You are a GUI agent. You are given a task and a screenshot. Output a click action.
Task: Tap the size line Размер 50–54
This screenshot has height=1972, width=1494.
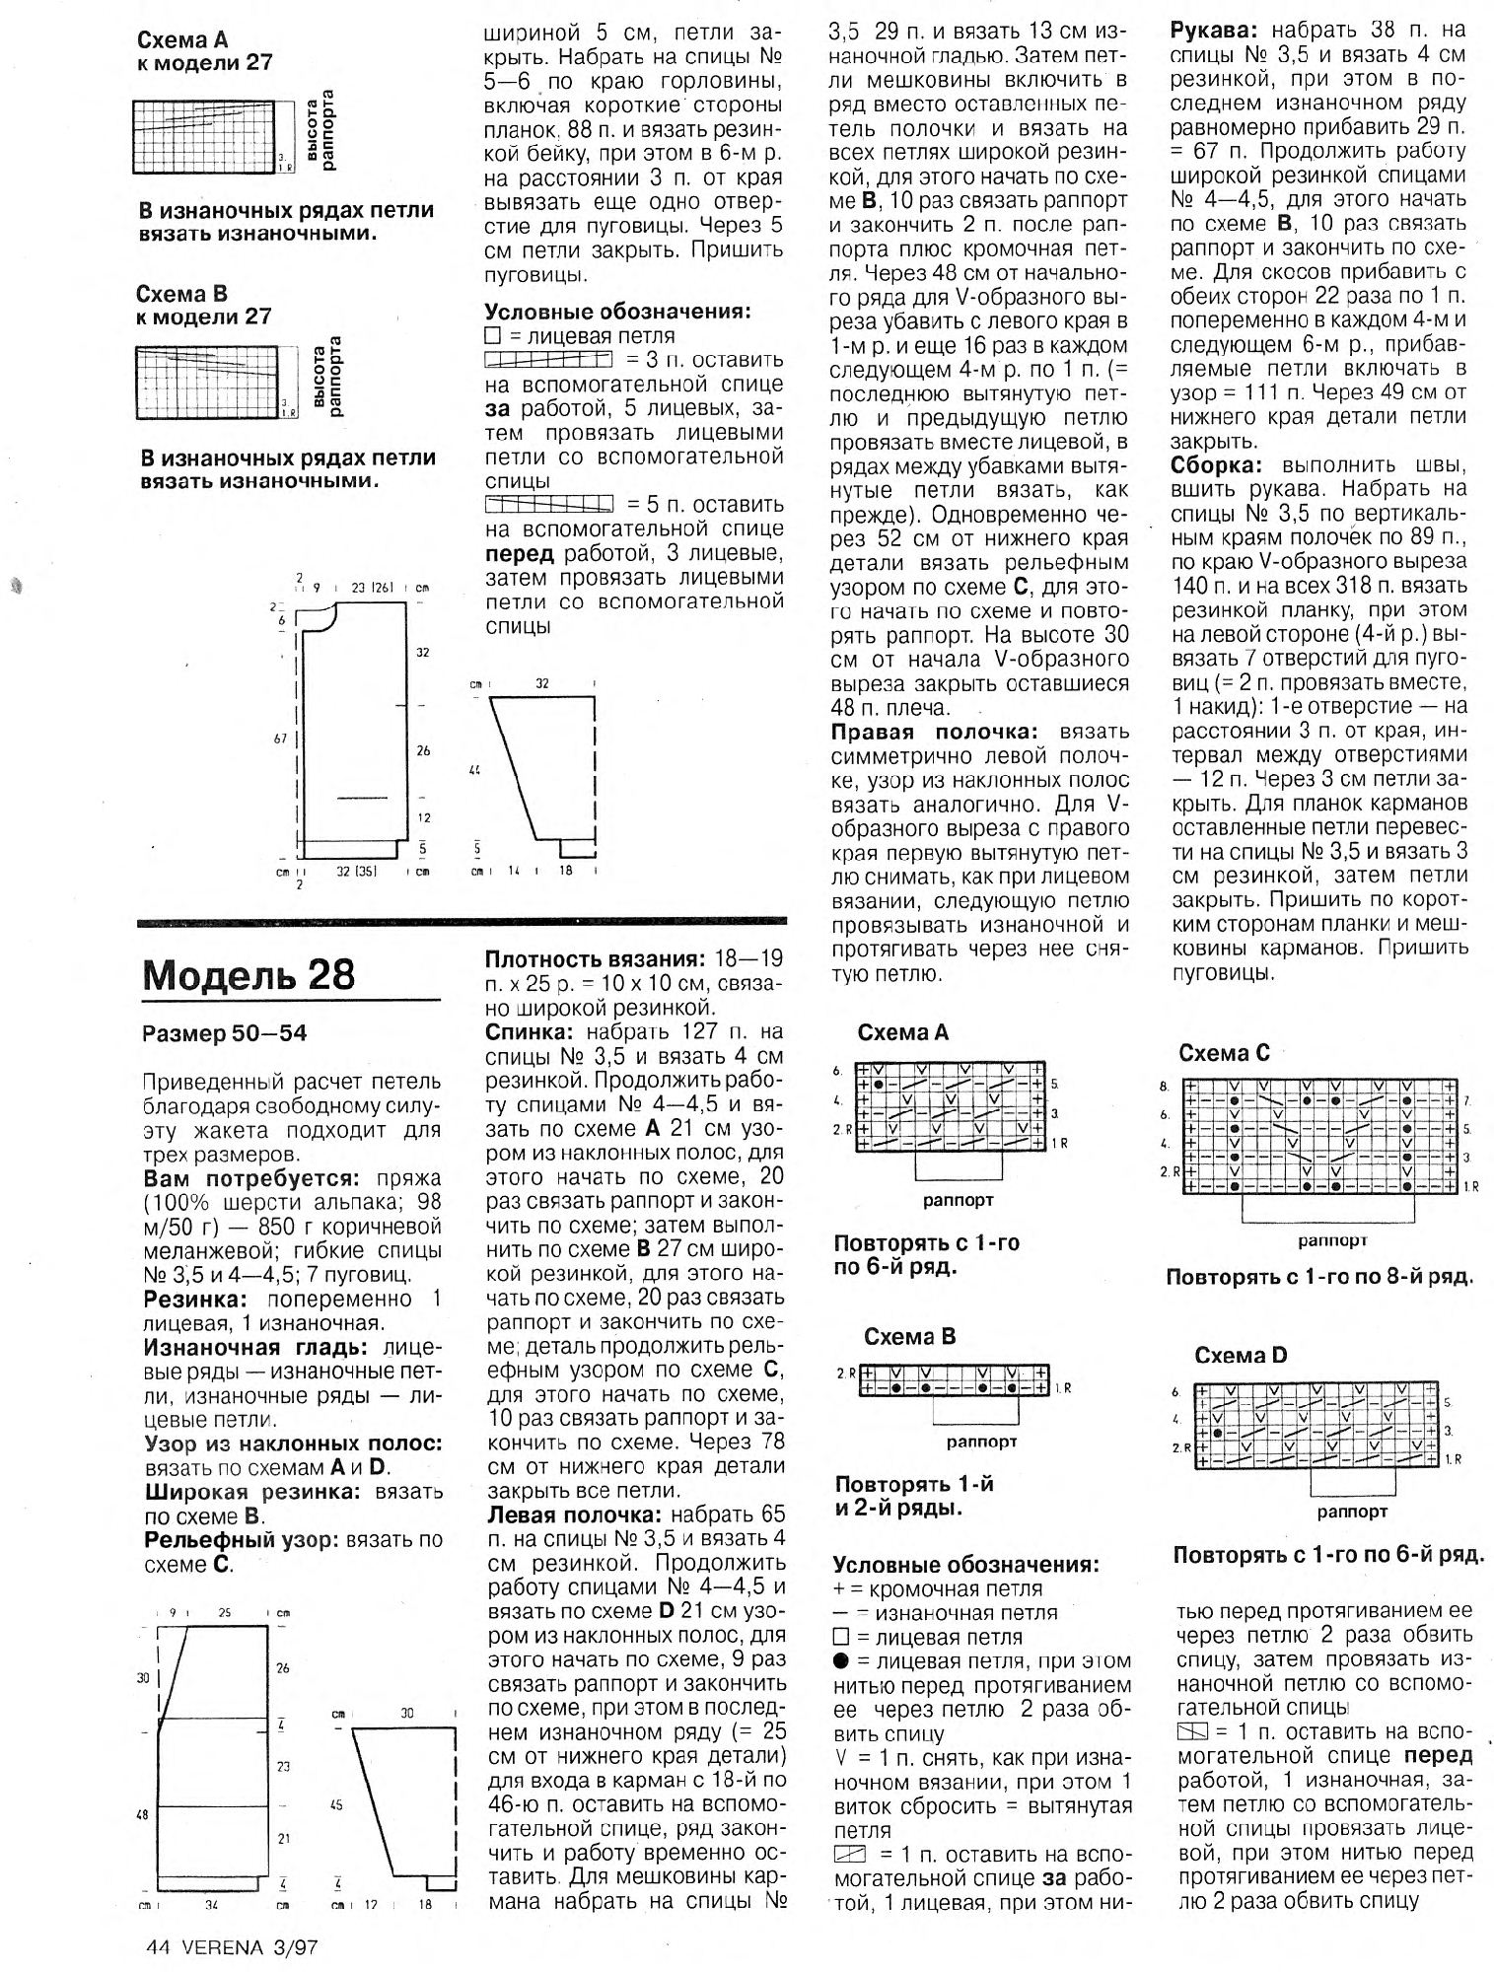tap(225, 1034)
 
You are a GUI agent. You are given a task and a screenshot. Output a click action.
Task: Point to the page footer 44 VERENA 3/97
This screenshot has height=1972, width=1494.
tap(233, 1946)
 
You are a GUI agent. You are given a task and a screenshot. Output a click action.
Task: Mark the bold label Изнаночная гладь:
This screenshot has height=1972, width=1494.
tap(256, 1347)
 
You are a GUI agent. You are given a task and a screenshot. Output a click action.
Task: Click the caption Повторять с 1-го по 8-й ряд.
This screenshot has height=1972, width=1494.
tap(1319, 1277)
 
